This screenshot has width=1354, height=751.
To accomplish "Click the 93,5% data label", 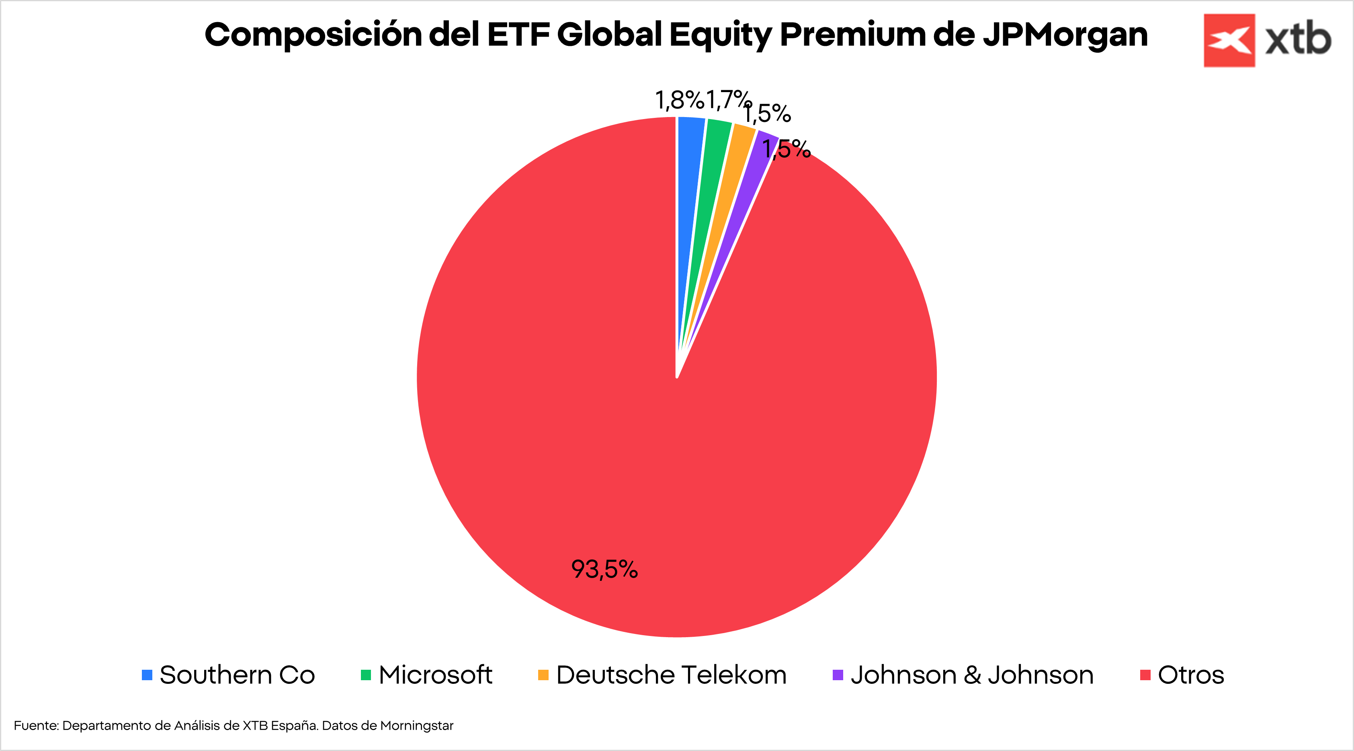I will coord(604,570).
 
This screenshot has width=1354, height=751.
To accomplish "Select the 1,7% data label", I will coord(728,100).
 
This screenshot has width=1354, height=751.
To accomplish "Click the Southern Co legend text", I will coord(237,675).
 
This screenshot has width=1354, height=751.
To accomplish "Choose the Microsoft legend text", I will coord(435,675).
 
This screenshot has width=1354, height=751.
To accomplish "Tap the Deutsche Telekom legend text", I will coord(671,675).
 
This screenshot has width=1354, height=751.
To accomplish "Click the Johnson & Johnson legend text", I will coord(972,675).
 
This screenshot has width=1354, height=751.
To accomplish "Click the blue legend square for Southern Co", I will coord(147,675).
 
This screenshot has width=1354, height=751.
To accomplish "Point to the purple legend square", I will coord(838,675).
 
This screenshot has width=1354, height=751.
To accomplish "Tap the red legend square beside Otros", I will coord(1145,675).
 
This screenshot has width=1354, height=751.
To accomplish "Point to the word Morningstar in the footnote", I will coord(416,726).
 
